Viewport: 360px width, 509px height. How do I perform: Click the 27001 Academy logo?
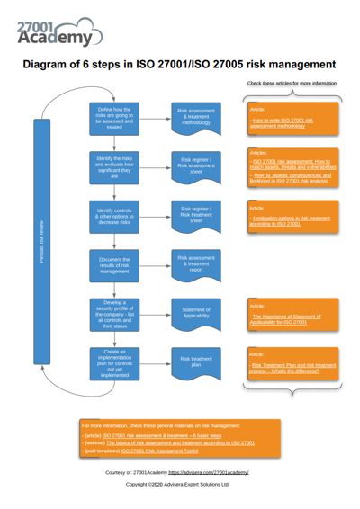point(58,31)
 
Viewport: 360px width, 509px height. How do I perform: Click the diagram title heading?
point(179,65)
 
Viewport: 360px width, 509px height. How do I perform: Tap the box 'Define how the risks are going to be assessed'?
point(114,117)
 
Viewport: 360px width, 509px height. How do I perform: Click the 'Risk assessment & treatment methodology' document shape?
point(196,117)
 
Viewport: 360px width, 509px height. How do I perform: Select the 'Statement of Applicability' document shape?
point(196,313)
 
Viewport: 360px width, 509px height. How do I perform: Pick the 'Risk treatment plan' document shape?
point(196,362)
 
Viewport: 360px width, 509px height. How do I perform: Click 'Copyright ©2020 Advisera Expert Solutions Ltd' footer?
point(176,484)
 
